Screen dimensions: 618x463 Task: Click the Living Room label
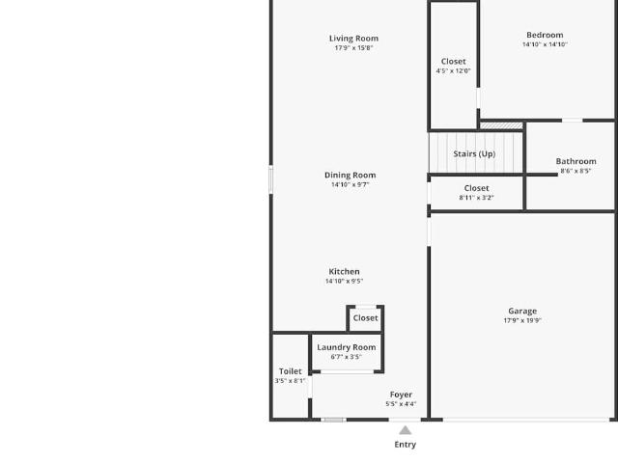(353, 39)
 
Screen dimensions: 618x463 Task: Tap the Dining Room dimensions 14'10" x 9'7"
(350, 184)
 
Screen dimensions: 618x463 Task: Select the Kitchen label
(344, 272)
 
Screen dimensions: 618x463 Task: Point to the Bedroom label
(545, 35)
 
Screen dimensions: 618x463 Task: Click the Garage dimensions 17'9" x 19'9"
(522, 320)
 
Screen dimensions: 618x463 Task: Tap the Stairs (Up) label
(474, 154)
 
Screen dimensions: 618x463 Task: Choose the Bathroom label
(576, 161)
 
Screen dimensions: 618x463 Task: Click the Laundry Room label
(347, 347)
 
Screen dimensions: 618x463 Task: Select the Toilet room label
(290, 371)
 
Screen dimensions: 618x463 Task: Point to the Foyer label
(401, 395)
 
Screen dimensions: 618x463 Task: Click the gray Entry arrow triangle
(406, 430)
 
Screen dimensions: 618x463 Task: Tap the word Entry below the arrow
(406, 445)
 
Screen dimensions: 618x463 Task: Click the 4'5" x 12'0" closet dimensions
(453, 70)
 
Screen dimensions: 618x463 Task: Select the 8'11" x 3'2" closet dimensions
(476, 198)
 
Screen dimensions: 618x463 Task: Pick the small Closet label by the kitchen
(365, 318)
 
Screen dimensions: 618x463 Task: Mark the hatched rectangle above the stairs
(501, 126)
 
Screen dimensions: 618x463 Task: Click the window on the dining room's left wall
(270, 179)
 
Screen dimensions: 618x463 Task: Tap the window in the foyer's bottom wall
(333, 421)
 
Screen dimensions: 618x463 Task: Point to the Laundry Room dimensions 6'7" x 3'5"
(346, 357)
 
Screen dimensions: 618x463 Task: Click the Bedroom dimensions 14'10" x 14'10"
(545, 44)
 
